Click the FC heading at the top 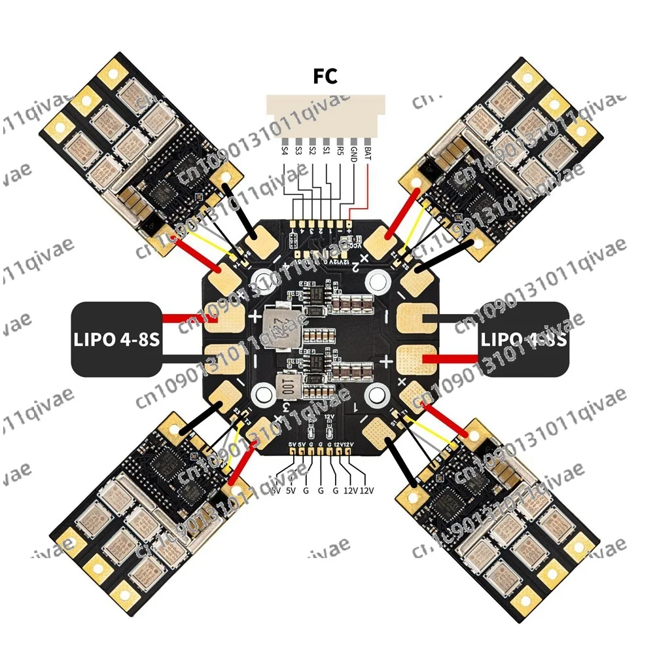coord(325,77)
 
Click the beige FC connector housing coord(325,115)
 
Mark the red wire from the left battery coord(186,318)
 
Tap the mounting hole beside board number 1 coord(378,395)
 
